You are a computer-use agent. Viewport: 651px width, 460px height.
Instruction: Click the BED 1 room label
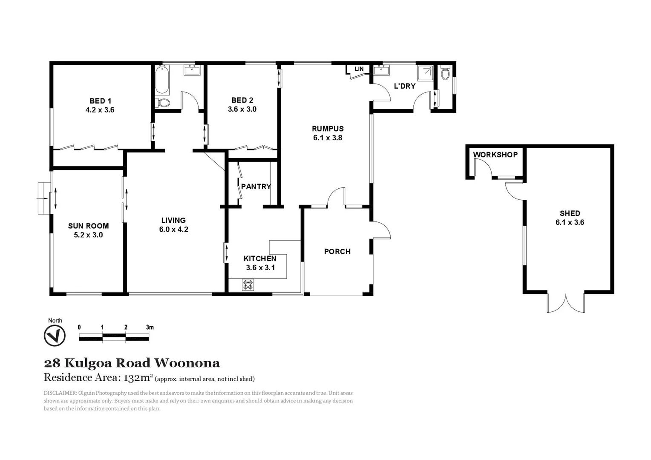coord(100,101)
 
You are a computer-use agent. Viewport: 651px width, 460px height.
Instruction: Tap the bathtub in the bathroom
coord(162,80)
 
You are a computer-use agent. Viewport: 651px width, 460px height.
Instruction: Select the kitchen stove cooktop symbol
coord(248,285)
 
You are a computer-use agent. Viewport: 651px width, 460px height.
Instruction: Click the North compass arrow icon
coord(55,335)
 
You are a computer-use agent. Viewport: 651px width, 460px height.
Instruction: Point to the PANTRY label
coord(256,187)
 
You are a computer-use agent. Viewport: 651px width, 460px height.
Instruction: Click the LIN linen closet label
coord(359,69)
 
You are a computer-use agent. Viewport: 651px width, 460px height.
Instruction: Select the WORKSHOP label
coord(495,155)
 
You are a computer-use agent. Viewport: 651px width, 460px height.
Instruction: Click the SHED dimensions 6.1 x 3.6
coord(570,222)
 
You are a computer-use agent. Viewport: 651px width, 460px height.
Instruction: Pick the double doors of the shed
coord(566,302)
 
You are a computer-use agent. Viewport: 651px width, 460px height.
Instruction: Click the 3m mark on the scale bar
coord(150,328)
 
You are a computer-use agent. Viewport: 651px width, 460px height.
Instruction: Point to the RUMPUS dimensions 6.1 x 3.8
coord(328,138)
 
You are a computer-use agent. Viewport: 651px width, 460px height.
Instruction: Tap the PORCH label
coord(337,252)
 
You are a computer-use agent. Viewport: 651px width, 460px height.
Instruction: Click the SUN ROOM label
coord(88,226)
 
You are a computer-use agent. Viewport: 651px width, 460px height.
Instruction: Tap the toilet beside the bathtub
coord(163,103)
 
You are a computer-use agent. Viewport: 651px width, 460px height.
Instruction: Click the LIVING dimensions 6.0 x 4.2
coord(173,229)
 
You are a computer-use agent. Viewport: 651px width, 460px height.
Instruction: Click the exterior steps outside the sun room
coord(43,198)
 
